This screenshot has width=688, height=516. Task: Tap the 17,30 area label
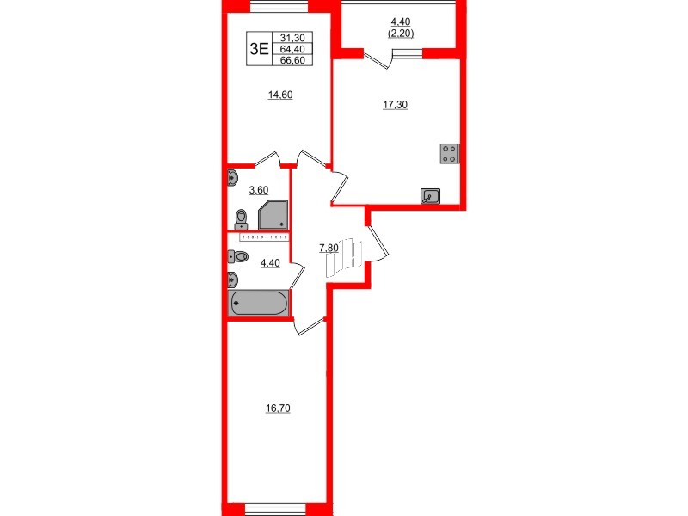[395, 106]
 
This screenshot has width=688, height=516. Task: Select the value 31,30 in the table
[292, 38]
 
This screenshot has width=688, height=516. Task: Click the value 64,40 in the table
[292, 49]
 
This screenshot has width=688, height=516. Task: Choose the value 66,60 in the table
[292, 60]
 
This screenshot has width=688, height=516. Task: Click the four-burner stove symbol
[450, 153]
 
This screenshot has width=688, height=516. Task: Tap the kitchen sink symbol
[430, 196]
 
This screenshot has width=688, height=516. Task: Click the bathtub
[258, 303]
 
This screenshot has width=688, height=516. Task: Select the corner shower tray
[273, 214]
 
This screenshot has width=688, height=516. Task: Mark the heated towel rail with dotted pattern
[263, 235]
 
